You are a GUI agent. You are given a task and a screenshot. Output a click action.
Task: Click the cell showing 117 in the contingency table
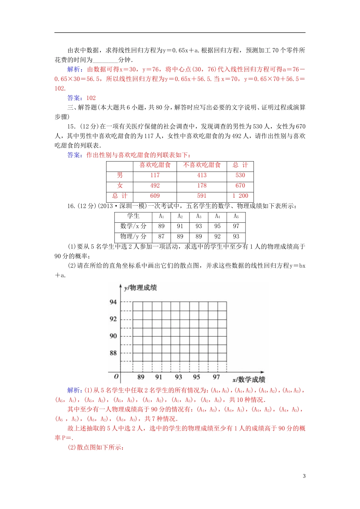(155, 175)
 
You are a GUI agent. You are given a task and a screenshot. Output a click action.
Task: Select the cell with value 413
(202, 175)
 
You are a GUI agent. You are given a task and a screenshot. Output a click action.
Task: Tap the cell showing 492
(155, 186)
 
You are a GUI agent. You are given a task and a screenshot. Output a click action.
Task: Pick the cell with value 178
(202, 186)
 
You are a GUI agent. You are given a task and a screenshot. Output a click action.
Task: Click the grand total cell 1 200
(240, 196)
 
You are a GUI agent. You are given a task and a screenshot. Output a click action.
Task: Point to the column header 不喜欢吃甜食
(202, 165)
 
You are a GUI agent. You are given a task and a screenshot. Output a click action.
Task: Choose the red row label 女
(120, 186)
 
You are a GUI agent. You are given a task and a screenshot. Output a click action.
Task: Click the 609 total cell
(155, 196)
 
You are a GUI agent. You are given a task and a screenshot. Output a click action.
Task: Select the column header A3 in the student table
(199, 216)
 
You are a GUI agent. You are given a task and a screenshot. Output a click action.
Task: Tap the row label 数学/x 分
(133, 226)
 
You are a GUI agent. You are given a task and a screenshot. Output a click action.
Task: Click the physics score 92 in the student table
(217, 236)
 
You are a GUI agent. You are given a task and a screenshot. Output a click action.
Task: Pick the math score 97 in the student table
(236, 226)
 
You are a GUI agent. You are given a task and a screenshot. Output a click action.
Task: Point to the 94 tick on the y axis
(113, 302)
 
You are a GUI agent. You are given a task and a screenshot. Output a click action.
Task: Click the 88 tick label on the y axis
(113, 353)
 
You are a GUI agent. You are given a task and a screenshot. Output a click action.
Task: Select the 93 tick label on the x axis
(178, 377)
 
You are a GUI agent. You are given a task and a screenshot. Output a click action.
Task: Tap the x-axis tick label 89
(141, 377)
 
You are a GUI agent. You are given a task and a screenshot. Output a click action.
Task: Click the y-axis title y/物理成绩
(140, 288)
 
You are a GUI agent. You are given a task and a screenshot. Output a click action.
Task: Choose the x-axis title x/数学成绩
(249, 379)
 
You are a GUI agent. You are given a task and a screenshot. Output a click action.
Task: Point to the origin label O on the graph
(116, 376)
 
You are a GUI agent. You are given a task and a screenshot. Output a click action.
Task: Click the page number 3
(304, 476)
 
